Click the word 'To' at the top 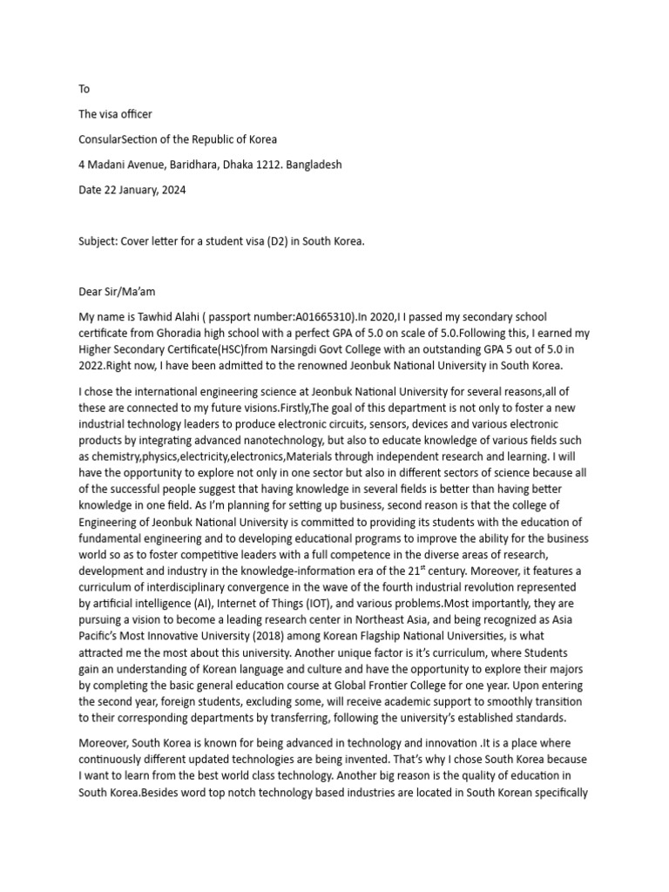click(x=84, y=89)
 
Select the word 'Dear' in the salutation click(x=91, y=292)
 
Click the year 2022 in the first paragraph click(x=94, y=365)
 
